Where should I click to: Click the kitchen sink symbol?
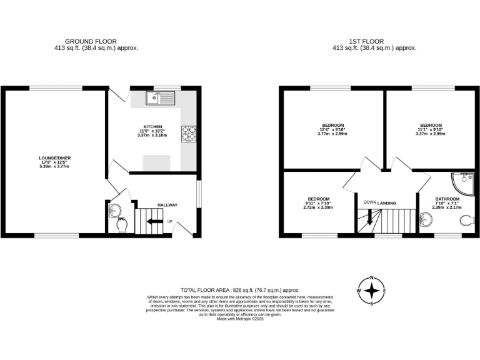161,97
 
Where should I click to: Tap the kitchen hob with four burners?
187,133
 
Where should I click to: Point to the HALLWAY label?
167,205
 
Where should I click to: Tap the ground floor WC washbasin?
114,211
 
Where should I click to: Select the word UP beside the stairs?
169,221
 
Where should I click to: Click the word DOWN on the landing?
369,202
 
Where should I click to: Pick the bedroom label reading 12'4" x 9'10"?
332,125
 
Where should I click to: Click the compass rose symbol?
372,291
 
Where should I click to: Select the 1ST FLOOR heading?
374,41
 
